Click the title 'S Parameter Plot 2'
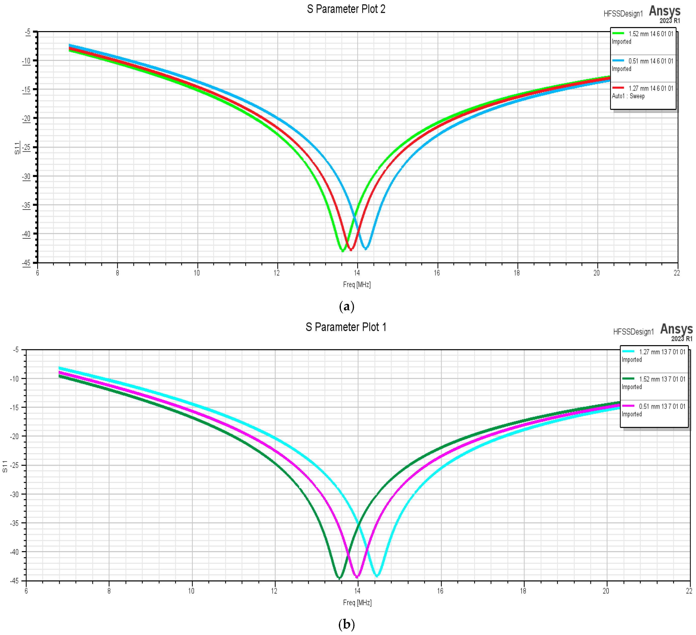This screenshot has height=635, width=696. tap(346, 9)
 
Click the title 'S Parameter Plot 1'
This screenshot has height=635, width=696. tap(346, 327)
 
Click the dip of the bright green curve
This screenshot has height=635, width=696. tap(342, 251)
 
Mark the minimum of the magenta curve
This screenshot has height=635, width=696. tap(357, 577)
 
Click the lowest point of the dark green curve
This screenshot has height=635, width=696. tap(339, 578)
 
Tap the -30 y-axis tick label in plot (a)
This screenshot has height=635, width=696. tap(27, 176)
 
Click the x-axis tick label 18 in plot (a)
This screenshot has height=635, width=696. tap(517, 273)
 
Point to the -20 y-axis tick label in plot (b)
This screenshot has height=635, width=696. tap(14, 436)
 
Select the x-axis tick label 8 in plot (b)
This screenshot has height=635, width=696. tap(109, 591)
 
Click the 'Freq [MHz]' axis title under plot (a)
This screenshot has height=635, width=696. tap(357, 285)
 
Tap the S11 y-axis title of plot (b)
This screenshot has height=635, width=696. tap(5, 466)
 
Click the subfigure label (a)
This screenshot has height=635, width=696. tap(347, 306)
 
